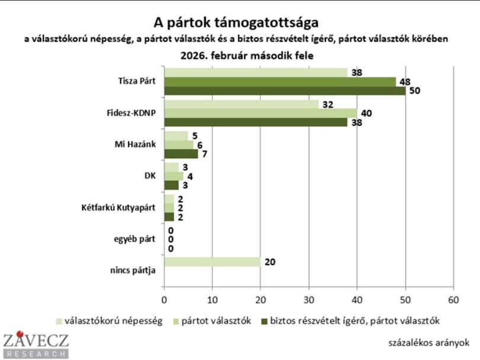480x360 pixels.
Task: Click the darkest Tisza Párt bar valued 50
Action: coord(284,91)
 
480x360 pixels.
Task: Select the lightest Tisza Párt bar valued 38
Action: coord(255,73)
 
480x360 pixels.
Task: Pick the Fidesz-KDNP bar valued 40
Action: coord(260,113)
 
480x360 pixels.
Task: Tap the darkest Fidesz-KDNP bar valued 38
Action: coord(255,122)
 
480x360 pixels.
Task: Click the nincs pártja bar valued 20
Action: coord(212,262)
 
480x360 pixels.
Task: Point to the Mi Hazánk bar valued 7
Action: coord(181,153)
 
